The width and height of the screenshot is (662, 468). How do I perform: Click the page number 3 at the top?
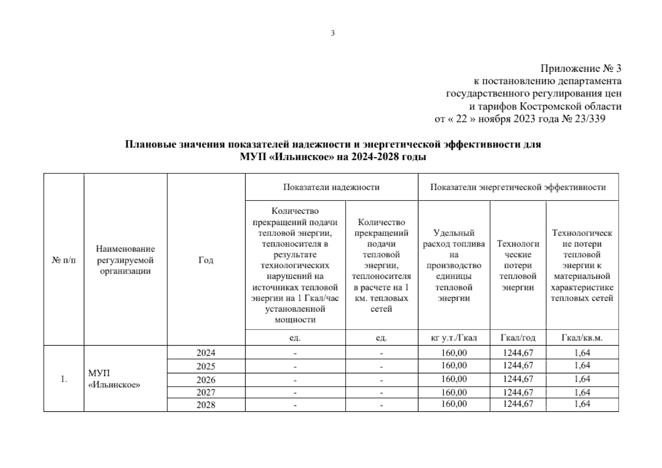tap(333, 34)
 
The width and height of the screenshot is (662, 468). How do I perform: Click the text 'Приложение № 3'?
tap(580, 69)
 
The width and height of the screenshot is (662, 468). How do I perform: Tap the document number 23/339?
tap(589, 119)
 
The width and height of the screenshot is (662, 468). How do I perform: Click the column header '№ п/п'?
tap(64, 260)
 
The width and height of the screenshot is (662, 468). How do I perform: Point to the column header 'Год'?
tap(206, 260)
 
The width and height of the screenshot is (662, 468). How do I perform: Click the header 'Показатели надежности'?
tap(331, 187)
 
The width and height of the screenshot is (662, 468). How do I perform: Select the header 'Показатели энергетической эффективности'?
tap(518, 187)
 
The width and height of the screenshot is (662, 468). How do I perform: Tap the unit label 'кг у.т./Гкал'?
tap(454, 338)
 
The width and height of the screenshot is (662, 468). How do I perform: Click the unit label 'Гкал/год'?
tap(518, 338)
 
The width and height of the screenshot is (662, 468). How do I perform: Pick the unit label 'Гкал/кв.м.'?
tap(582, 338)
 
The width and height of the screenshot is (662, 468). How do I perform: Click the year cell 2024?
tap(206, 353)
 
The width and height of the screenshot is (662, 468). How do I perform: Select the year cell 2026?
tap(206, 380)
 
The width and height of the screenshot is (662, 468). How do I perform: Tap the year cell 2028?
tap(206, 405)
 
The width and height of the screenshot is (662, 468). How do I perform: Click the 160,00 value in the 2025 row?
tap(454, 366)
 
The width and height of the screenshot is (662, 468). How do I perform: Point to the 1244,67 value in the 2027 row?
tap(518, 392)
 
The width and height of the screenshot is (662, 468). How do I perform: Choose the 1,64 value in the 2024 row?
tap(582, 353)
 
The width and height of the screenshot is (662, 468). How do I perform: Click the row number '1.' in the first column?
tap(64, 379)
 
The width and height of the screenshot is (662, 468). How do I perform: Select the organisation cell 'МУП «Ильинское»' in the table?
tap(114, 379)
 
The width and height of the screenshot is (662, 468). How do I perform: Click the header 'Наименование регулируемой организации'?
tap(125, 260)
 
